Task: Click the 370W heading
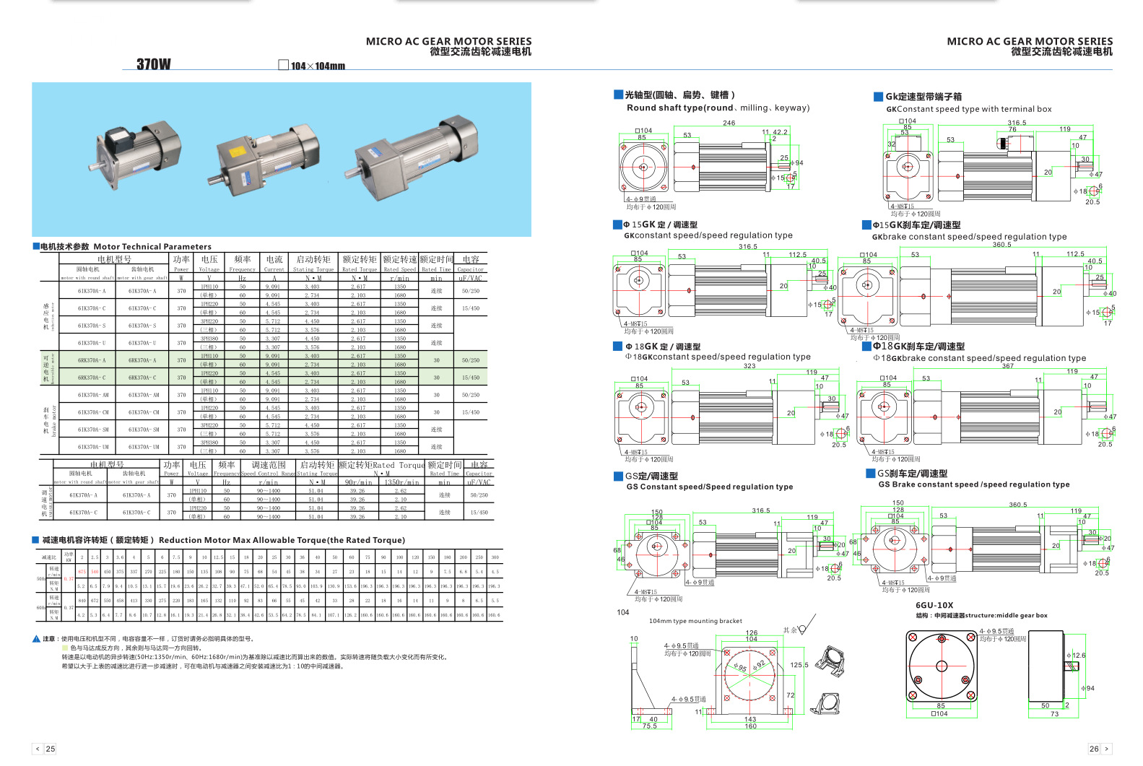[154, 64]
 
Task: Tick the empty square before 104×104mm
[284, 65]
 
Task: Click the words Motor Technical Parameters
[152, 247]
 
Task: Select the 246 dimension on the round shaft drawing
[729, 123]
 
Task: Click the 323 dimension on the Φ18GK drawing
[749, 366]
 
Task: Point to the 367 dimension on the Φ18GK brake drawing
[1007, 366]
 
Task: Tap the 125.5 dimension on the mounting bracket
[799, 665]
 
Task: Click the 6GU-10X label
[934, 606]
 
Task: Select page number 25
[51, 749]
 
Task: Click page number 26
[1094, 749]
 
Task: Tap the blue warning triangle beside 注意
[36, 639]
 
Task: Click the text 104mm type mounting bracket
[695, 621]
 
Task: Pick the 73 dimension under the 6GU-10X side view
[1054, 714]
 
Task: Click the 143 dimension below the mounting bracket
[750, 719]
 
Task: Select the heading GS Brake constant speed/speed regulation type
[974, 484]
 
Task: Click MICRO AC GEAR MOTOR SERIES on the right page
[1030, 41]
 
